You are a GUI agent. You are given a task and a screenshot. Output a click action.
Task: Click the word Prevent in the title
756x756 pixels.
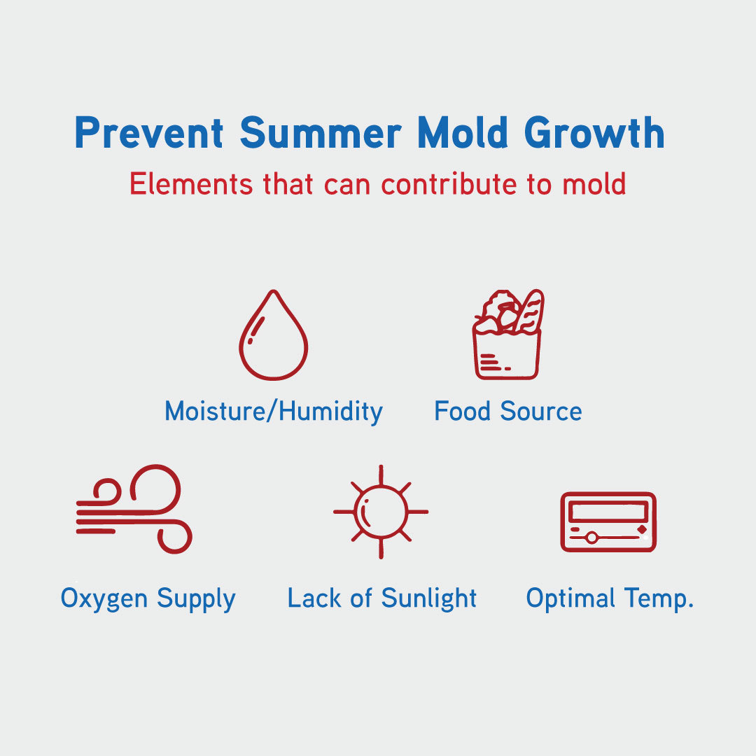[149, 132]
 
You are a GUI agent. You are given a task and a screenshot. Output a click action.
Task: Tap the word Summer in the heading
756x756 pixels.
[321, 132]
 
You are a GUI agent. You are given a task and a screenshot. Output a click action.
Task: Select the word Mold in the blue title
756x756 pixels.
[463, 132]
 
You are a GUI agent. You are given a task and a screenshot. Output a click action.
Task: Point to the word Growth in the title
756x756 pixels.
[594, 132]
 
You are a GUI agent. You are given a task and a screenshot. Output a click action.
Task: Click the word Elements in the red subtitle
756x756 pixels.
[191, 183]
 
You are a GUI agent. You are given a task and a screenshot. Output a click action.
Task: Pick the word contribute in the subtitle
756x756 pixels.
[449, 183]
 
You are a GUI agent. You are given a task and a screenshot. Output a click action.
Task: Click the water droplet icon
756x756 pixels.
[274, 335]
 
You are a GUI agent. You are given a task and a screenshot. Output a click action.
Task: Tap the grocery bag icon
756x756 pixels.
[507, 334]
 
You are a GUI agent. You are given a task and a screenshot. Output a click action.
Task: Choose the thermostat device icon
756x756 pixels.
[608, 521]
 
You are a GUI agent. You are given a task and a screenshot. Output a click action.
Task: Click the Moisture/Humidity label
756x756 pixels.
[274, 412]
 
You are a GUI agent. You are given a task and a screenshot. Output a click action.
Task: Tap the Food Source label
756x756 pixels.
[508, 412]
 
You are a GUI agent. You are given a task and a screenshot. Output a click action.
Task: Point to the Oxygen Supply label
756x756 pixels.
[148, 598]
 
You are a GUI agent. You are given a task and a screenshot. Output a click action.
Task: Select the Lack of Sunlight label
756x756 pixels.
[382, 598]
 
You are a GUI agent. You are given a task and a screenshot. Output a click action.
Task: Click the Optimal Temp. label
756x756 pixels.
[610, 598]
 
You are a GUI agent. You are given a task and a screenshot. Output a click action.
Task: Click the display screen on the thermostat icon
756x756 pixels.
[608, 511]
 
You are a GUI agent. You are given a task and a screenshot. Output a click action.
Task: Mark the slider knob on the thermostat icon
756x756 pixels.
[591, 537]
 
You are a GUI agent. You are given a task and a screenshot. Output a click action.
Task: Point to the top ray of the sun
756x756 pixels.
[381, 475]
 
